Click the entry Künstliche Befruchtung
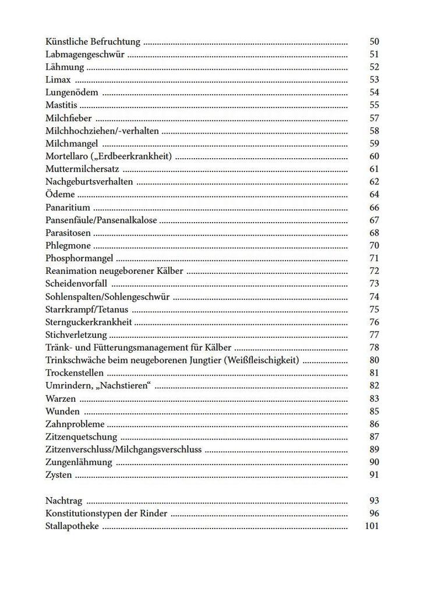pyautogui.click(x=93, y=42)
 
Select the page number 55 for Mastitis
pyautogui.click(x=374, y=105)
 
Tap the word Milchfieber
pyautogui.click(x=68, y=118)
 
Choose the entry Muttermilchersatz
pyautogui.click(x=82, y=169)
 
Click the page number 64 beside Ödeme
pyautogui.click(x=374, y=195)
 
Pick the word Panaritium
pyautogui.click(x=67, y=208)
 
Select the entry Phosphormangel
pyautogui.click(x=79, y=258)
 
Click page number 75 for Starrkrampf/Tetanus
pyautogui.click(x=374, y=309)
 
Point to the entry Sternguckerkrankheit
pyautogui.click(x=89, y=322)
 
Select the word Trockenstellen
pyautogui.click(x=74, y=373)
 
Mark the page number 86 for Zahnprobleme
pyautogui.click(x=374, y=424)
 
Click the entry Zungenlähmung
pyautogui.click(x=78, y=462)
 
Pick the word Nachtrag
pyautogui.click(x=63, y=501)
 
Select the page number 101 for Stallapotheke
pyautogui.click(x=372, y=526)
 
